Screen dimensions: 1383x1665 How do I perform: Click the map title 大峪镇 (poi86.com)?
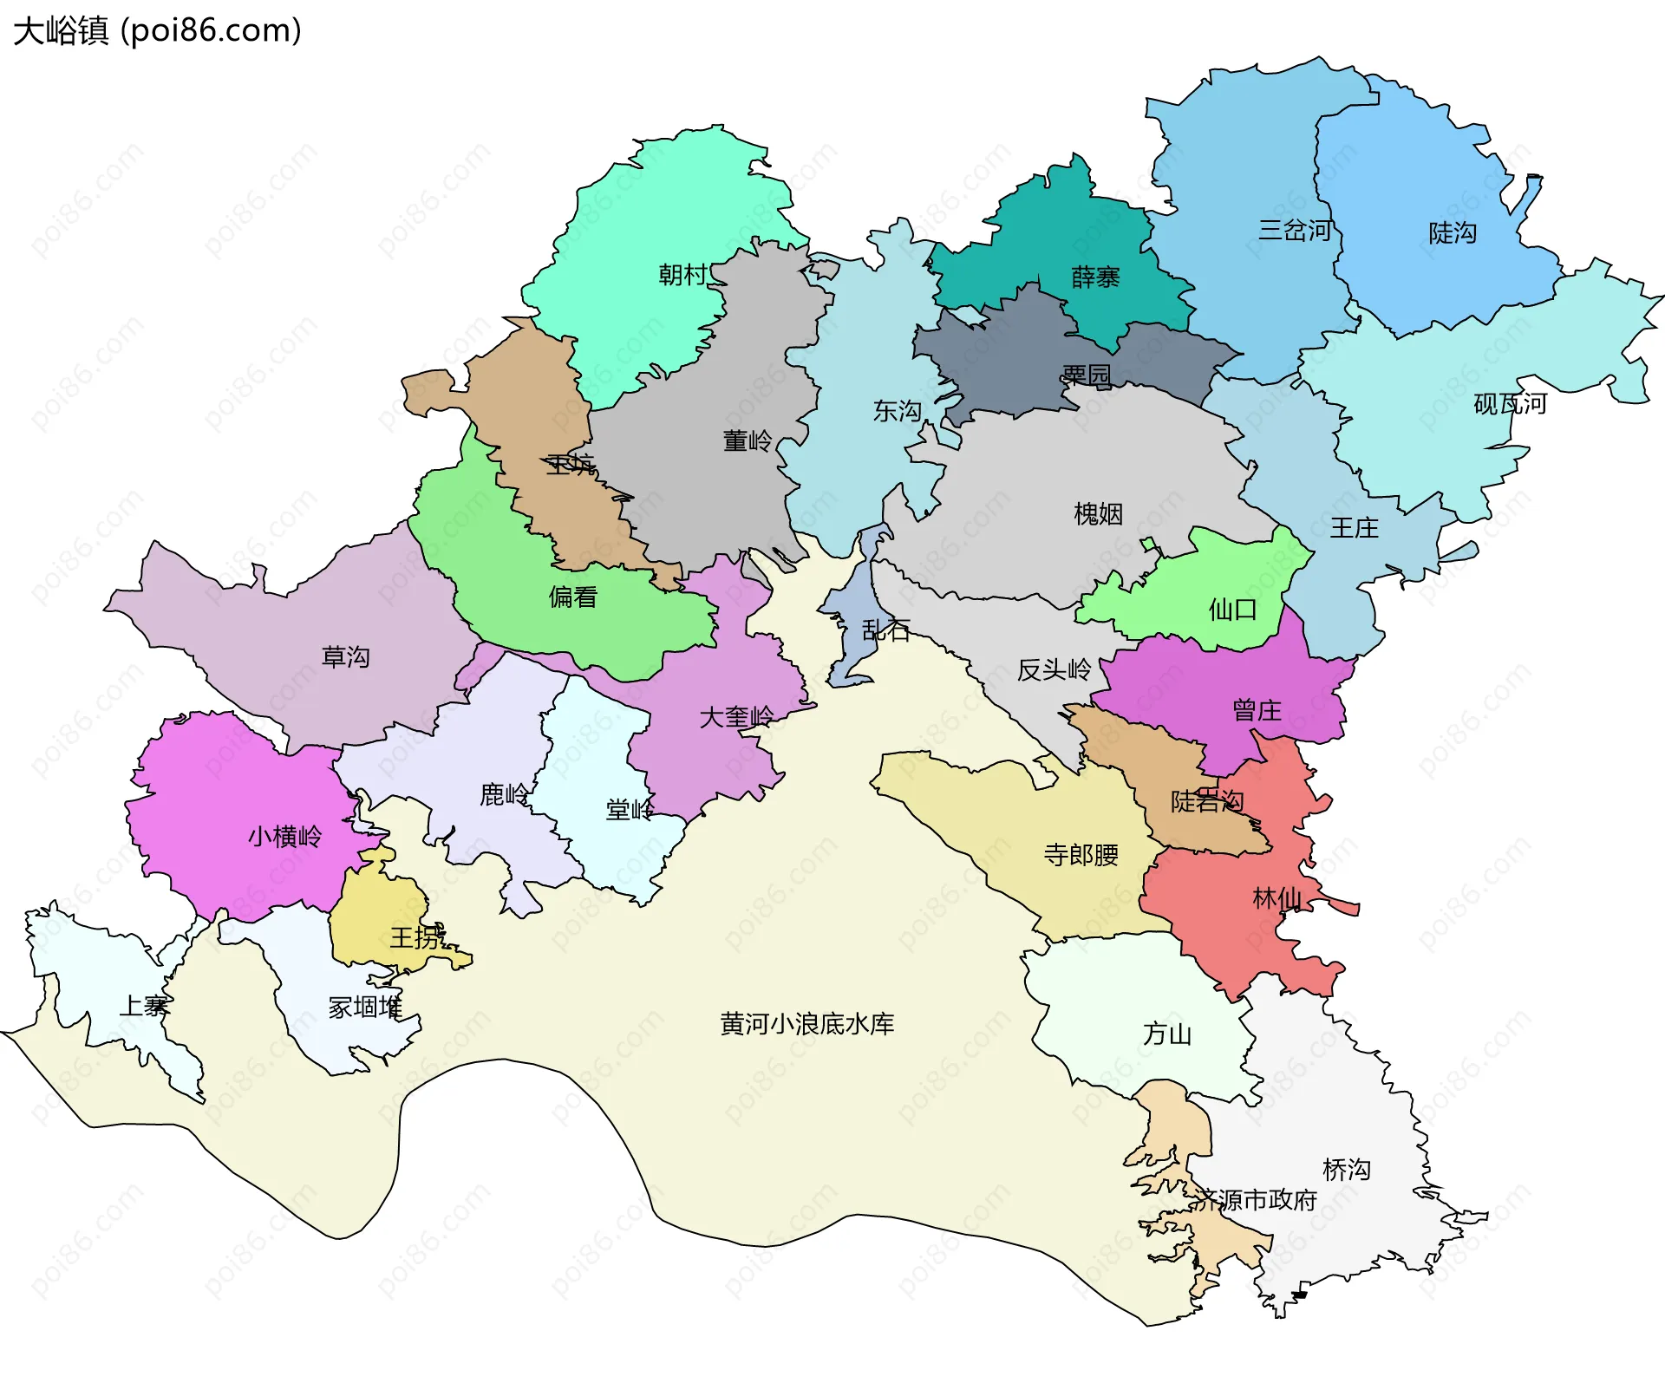pyautogui.click(x=157, y=31)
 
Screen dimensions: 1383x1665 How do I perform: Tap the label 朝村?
pyautogui.click(x=683, y=275)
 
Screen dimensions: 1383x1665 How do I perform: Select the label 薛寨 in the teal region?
pyautogui.click(x=1095, y=277)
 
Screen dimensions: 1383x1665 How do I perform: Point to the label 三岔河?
pyautogui.click(x=1295, y=231)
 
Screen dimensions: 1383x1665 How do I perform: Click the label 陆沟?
pyautogui.click(x=1453, y=233)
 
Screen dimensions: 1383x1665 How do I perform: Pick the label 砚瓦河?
pyautogui.click(x=1510, y=404)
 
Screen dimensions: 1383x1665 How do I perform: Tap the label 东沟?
pyautogui.click(x=897, y=411)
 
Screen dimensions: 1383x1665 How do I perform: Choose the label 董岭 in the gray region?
pyautogui.click(x=747, y=441)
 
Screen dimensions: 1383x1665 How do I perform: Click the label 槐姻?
pyautogui.click(x=1098, y=514)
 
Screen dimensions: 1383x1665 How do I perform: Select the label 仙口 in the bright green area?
pyautogui.click(x=1232, y=610)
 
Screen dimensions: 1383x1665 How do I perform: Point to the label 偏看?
pyautogui.click(x=572, y=597)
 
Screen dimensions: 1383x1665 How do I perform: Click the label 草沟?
pyautogui.click(x=345, y=657)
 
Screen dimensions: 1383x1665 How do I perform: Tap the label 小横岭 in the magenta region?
pyautogui.click(x=284, y=837)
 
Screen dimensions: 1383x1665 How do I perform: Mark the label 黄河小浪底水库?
pyautogui.click(x=806, y=1024)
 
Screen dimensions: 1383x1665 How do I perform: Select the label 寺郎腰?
pyautogui.click(x=1081, y=855)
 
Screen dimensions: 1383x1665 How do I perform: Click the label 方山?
pyautogui.click(x=1166, y=1034)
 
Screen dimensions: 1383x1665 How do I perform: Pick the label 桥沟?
pyautogui.click(x=1346, y=1170)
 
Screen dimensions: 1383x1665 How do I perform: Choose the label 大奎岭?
pyautogui.click(x=735, y=718)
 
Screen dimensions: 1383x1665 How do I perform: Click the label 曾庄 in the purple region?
pyautogui.click(x=1257, y=711)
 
